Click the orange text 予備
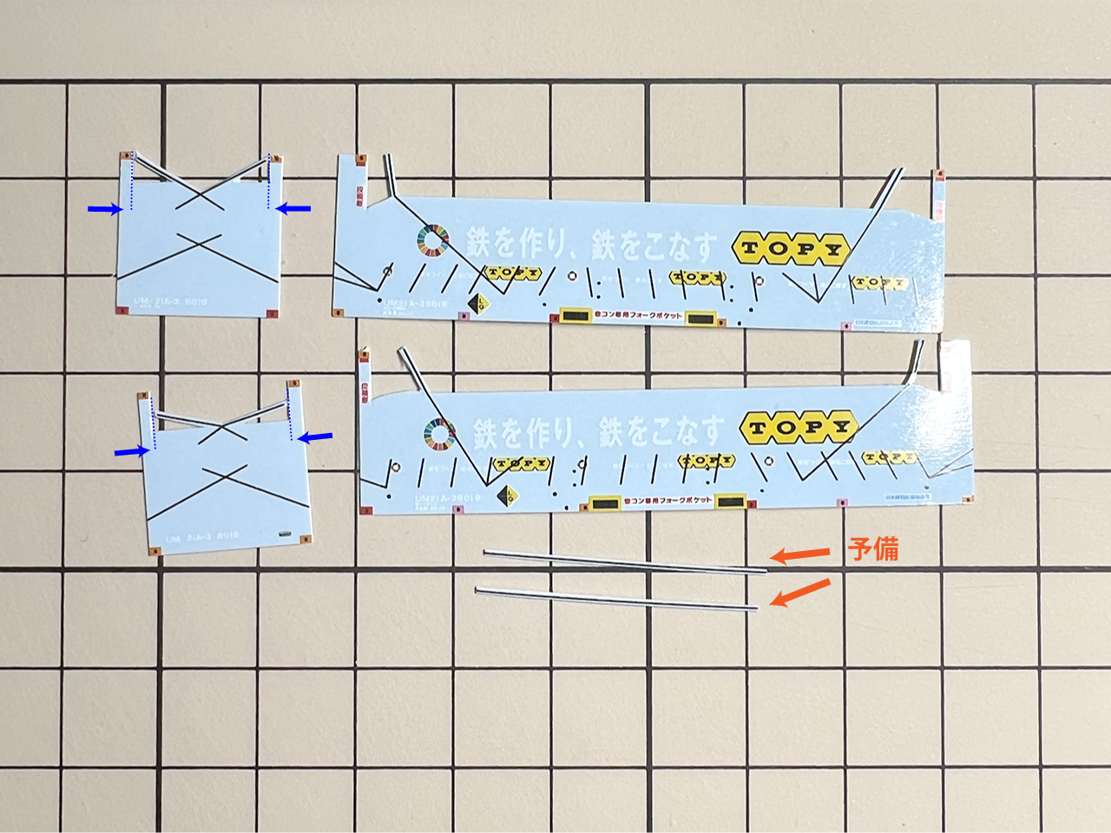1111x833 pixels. pos(873,549)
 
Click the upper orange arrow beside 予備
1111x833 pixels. pos(799,554)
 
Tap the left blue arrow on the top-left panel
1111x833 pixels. pos(104,208)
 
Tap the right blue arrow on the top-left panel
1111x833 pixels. pos(293,208)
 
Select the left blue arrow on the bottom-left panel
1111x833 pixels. pos(131,451)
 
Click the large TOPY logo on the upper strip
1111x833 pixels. pos(791,249)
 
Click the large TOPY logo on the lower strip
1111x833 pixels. pos(799,427)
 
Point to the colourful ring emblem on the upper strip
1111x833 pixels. pos(433,240)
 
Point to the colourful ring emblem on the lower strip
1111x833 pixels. pos(440,434)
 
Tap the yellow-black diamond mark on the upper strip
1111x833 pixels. pos(477,304)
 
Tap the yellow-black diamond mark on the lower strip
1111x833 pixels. pos(506,497)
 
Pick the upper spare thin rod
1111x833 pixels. pos(625,561)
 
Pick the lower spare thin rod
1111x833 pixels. pos(616,599)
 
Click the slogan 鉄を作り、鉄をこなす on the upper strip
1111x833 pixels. pos(591,244)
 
